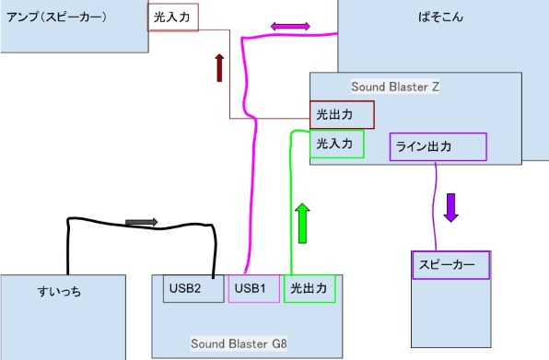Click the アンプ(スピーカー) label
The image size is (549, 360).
(x=57, y=17)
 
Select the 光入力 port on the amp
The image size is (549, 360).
(x=173, y=18)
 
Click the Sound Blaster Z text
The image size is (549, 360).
(x=395, y=86)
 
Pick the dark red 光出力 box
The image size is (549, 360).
(x=342, y=115)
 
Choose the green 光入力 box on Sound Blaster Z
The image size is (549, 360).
(x=337, y=144)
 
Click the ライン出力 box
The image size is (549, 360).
(x=438, y=146)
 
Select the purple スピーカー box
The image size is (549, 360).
(x=450, y=264)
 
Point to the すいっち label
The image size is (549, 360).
(x=59, y=292)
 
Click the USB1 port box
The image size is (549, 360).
(x=253, y=289)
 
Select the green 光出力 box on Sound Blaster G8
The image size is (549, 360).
(x=310, y=289)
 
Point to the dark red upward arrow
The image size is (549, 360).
(x=219, y=68)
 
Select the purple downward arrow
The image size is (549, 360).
(x=450, y=206)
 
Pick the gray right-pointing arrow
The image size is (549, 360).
(x=141, y=222)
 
